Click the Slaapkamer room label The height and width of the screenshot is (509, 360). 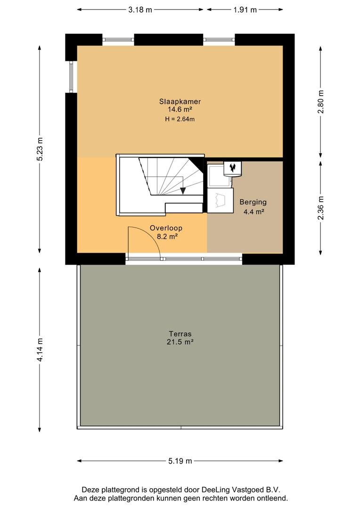coord(180,101)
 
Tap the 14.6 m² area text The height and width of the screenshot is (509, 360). coord(180,110)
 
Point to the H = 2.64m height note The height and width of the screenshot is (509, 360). coord(180,119)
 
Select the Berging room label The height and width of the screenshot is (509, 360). coord(253,202)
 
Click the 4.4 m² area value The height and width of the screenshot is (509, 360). coord(254,212)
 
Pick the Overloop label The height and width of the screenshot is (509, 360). coord(166,228)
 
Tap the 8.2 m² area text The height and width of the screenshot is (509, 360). coord(167,236)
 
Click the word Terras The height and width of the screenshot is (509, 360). coord(180,333)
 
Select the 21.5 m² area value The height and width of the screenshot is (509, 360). coord(180,342)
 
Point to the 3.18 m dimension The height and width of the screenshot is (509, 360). coord(140,10)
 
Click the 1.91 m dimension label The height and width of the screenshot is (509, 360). coord(245,10)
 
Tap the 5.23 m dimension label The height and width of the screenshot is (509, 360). coord(40,149)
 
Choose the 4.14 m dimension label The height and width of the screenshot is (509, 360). coord(40,350)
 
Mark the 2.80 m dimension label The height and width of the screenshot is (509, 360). coord(321,101)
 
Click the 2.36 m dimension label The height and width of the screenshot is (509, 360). coord(321,208)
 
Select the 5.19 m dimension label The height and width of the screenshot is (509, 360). coord(180,461)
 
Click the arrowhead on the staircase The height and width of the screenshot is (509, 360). coord(183,191)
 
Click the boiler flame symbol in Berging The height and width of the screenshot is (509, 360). coord(232,167)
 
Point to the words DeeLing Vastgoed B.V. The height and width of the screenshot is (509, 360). coord(241,490)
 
